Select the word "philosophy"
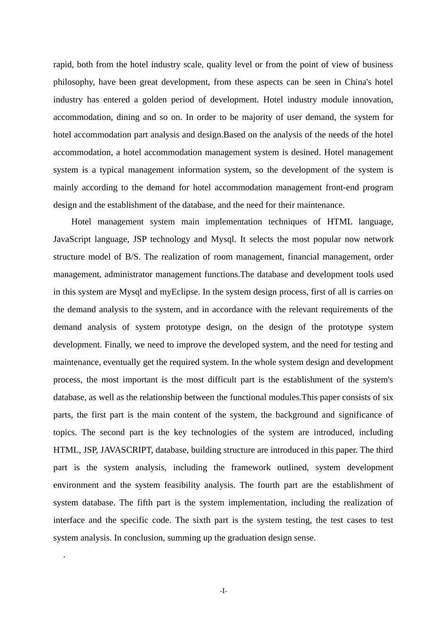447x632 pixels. [x=73, y=82]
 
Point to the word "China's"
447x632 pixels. [x=358, y=82]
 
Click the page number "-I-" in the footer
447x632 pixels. [x=223, y=591]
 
